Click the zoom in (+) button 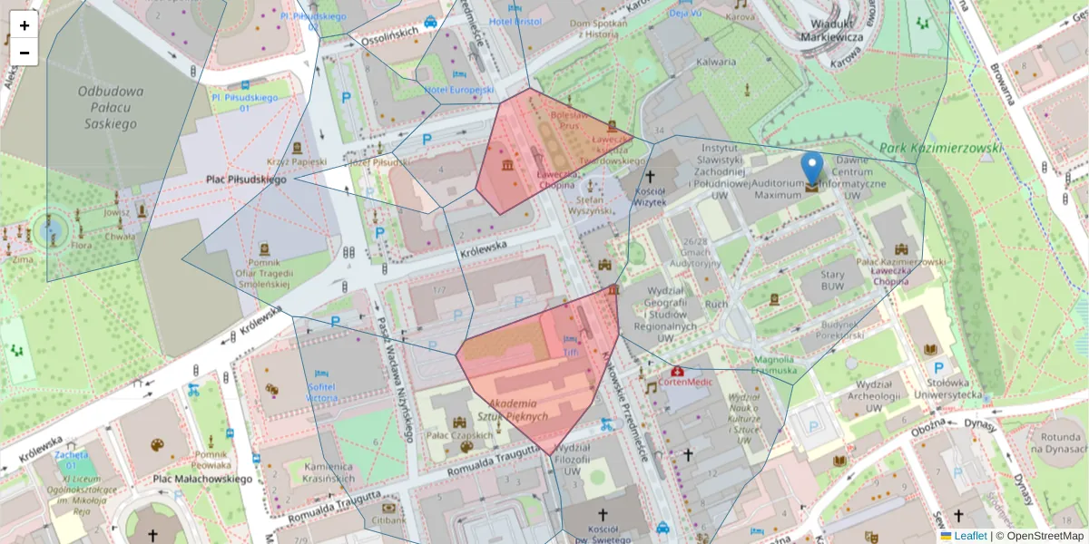tap(25, 25)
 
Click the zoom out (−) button tap(25, 53)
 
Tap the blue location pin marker tap(812, 170)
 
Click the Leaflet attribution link tap(969, 536)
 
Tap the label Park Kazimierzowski tap(941, 148)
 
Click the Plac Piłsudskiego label tap(246, 180)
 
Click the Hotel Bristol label tap(515, 21)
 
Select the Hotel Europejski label tap(459, 90)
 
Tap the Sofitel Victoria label tap(322, 392)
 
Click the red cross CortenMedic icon tap(676, 371)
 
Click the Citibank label tap(388, 520)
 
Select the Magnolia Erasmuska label tap(774, 364)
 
